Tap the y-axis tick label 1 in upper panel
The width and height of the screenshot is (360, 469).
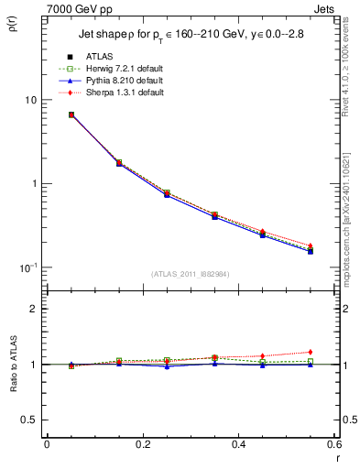[x=32, y=183]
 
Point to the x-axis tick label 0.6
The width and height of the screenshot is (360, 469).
[x=333, y=444]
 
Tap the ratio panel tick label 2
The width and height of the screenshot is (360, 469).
[x=32, y=309]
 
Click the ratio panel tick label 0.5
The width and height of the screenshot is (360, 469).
[x=27, y=420]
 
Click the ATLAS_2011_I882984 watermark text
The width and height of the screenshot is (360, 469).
[x=191, y=274]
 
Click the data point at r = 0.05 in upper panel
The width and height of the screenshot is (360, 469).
[x=71, y=115]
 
